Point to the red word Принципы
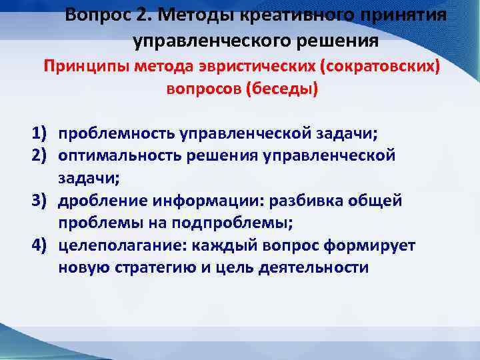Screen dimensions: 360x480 (x=86, y=68)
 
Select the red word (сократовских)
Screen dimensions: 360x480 (x=377, y=68)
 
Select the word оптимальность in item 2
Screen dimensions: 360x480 (x=119, y=155)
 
